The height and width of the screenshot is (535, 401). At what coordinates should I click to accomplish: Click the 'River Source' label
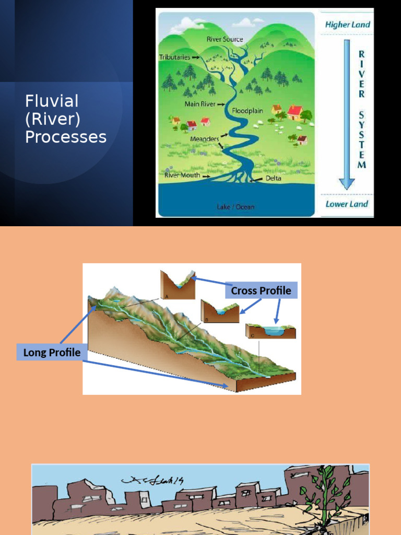point(225,39)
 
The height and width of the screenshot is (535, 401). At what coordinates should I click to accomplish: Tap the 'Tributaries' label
point(175,57)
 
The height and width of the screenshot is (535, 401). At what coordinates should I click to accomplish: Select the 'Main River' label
point(200,104)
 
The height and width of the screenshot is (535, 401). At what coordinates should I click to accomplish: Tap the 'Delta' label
point(273,178)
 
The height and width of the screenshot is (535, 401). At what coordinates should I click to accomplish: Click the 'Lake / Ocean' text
point(235,207)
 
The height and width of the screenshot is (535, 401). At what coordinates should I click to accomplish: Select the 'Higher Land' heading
point(347,25)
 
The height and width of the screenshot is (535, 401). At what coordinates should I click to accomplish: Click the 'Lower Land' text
point(347,204)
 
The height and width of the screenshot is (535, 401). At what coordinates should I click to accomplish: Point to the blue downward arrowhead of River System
point(347,183)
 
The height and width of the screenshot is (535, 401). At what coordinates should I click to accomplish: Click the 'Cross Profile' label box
point(261,290)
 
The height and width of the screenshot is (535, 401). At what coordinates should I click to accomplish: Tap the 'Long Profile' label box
point(52,352)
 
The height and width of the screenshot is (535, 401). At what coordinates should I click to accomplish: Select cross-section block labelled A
point(178,285)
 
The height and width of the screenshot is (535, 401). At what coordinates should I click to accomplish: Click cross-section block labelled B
point(220,311)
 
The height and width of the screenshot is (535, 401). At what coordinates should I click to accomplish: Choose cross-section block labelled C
point(270,331)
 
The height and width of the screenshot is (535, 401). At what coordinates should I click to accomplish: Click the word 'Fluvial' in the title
point(52,101)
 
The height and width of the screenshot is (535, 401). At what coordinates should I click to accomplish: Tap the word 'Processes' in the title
point(66,137)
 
